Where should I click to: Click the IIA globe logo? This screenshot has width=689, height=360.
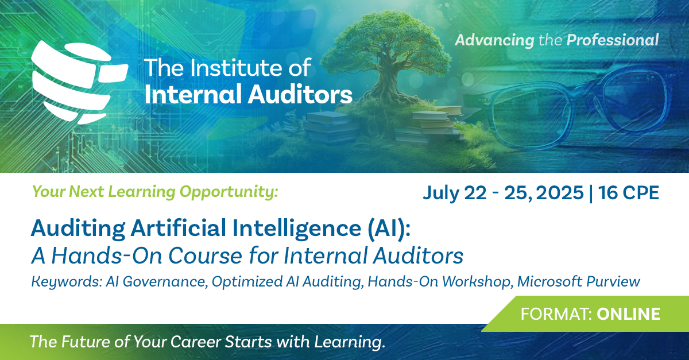coord(78,81)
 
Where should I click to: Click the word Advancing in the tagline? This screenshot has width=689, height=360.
coord(494,40)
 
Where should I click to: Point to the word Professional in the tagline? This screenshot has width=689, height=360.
coord(613,40)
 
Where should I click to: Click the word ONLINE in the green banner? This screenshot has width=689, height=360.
coord(629,314)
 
